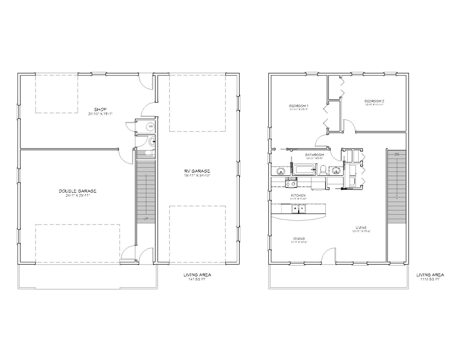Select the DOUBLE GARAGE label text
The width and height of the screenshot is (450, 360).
click(77, 191)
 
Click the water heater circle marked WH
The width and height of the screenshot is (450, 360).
click(150, 127)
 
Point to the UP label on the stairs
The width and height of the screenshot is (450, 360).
click(146, 218)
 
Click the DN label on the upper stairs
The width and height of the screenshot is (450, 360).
click(396, 154)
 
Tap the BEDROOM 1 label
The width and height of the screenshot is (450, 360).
click(298, 106)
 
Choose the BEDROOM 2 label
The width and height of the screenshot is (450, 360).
click(374, 101)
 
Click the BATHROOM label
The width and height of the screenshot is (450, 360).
click(315, 155)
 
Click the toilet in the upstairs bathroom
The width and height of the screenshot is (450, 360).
click(322, 170)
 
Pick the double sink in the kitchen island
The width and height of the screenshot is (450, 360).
click(298, 209)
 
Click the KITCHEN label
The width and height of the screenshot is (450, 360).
click(298, 195)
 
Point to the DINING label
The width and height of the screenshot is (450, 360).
click(299, 238)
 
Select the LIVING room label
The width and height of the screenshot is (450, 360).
click(361, 228)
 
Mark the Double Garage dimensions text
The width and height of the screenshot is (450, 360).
click(77, 195)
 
